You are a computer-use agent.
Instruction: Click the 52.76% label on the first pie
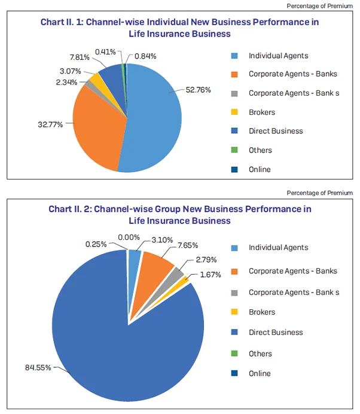point(199,91)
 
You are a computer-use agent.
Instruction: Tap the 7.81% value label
point(80,57)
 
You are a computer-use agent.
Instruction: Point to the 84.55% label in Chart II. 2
point(40,367)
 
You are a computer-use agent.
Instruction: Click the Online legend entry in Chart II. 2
point(260,373)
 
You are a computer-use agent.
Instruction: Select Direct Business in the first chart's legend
point(276,131)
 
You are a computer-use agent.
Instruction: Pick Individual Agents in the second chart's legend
point(278,248)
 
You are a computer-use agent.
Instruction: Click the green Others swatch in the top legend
point(235,150)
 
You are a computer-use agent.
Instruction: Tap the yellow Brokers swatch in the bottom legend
point(235,312)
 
